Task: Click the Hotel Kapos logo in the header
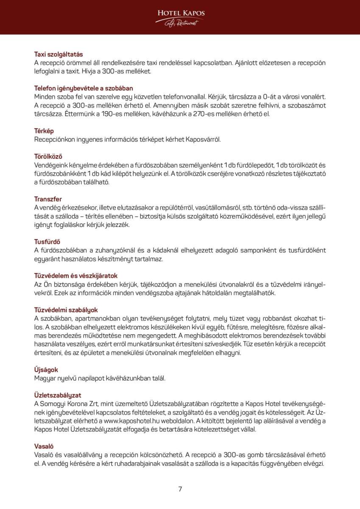[181, 17]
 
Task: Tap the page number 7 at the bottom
[180, 489]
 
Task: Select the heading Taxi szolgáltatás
[59, 54]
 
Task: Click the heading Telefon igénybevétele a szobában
[84, 88]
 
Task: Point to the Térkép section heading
[44, 131]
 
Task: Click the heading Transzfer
[48, 199]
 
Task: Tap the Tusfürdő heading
[47, 242]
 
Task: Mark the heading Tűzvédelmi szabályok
[66, 310]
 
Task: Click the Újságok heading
[46, 369]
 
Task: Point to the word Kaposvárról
[204, 139]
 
